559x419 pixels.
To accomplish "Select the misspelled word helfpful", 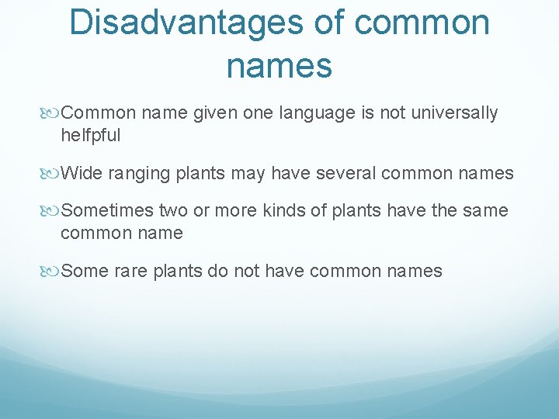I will [90, 135].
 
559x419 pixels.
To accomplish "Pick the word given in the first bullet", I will [215, 113].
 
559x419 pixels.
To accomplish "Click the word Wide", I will [82, 173].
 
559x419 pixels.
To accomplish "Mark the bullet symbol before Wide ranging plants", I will [52, 173].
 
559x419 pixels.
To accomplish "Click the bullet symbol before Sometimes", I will [52, 211].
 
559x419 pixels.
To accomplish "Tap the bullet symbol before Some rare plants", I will [52, 272].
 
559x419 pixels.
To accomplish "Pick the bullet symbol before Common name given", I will [52, 113].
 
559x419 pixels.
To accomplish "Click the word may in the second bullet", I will [248, 173].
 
